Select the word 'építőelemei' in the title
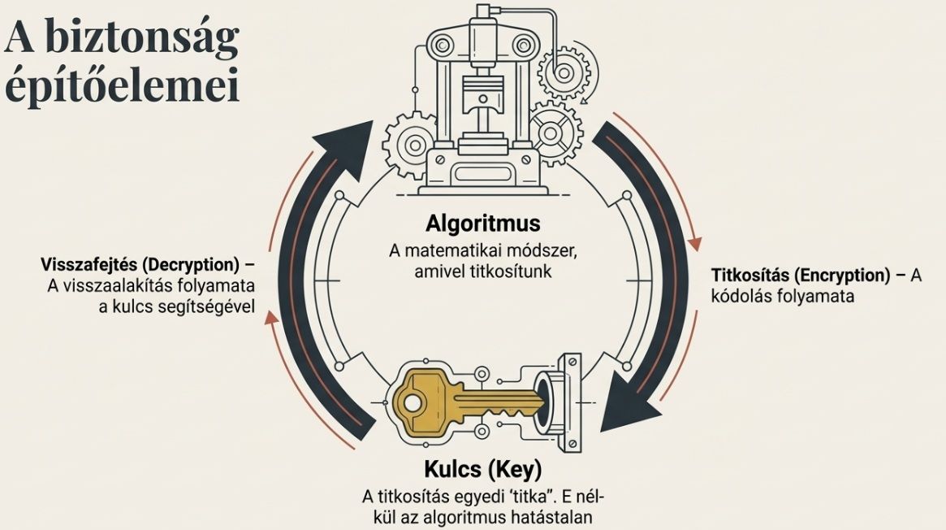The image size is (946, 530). tap(122, 86)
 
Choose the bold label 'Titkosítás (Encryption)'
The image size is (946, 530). tap(799, 276)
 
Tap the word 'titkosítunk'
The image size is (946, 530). tap(508, 271)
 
